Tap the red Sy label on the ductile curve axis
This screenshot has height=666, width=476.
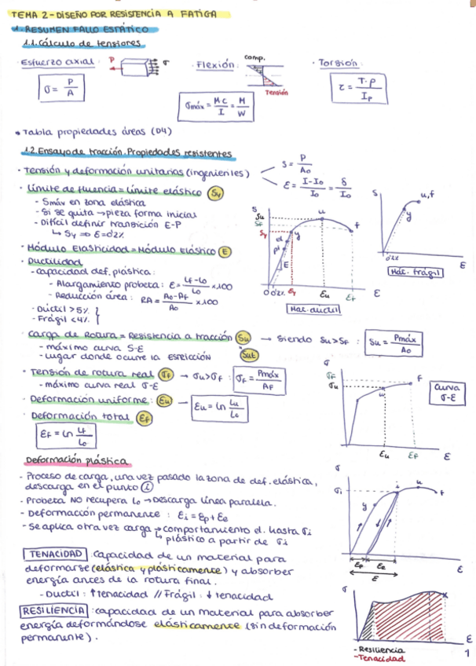click(262, 233)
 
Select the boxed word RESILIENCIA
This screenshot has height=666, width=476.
click(53, 610)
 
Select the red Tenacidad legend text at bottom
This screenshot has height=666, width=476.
click(380, 659)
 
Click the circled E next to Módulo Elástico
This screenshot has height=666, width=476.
click(225, 251)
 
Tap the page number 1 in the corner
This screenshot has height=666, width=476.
click(467, 653)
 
